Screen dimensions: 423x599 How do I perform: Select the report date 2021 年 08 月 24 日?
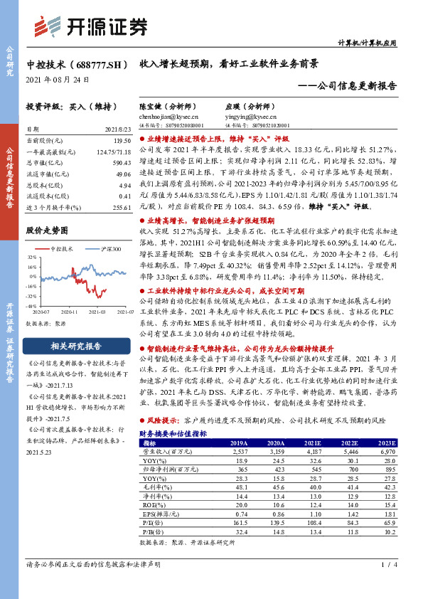(x=58, y=78)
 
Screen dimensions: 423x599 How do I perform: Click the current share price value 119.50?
(x=122, y=142)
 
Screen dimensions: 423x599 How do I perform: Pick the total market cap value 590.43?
(x=122, y=162)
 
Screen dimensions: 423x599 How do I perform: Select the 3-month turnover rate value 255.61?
(x=122, y=206)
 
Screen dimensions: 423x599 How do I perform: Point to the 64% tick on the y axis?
(x=32, y=259)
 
